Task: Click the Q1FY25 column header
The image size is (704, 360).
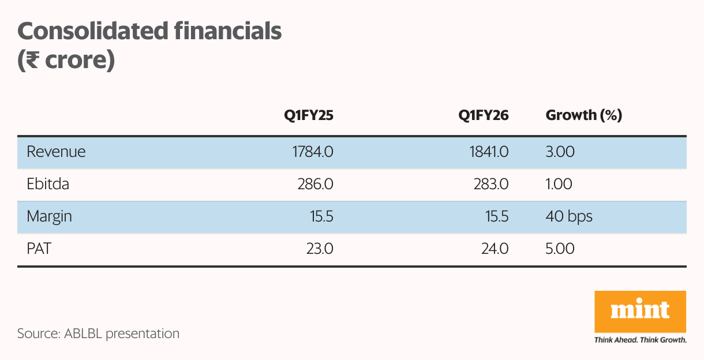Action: pos(308,115)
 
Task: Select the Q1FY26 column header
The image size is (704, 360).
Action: pos(483,115)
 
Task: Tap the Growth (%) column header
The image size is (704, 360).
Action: pos(583,115)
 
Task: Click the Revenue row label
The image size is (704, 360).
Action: pos(56,152)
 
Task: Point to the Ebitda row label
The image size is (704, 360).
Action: pos(48,184)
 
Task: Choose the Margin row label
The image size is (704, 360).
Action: pos(49,216)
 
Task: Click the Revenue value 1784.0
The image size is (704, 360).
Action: pos(312,152)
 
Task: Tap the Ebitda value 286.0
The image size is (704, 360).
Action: pos(316,184)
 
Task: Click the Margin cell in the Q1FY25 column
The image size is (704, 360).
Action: pos(321,216)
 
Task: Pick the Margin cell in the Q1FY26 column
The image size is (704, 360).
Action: pos(496,216)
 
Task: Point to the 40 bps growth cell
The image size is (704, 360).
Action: pos(569,216)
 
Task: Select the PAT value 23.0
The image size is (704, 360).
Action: pos(320,249)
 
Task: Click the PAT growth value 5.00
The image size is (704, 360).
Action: pos(560,249)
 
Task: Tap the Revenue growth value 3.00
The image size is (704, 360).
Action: pos(560,152)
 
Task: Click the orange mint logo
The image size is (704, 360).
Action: pos(640,312)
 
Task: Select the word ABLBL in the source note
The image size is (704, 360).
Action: pos(84,333)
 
